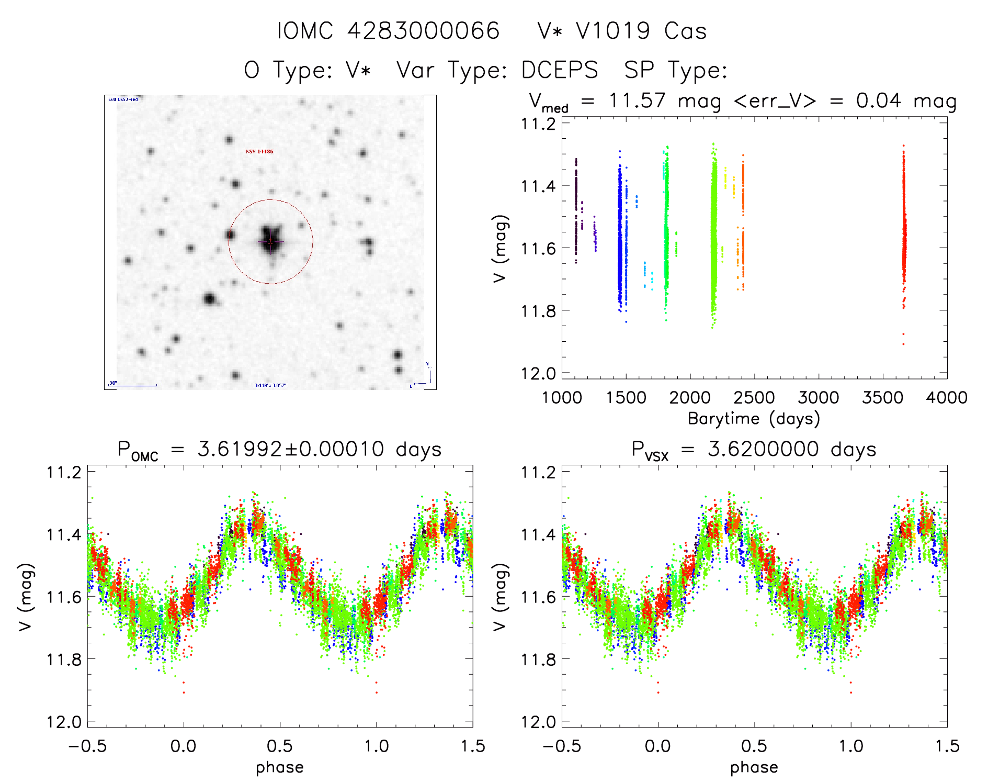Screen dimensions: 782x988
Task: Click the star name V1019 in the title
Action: [x=613, y=31]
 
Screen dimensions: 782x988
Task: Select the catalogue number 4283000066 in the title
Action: [x=424, y=31]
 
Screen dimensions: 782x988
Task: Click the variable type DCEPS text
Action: [x=560, y=70]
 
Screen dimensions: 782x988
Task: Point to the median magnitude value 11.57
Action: [x=637, y=100]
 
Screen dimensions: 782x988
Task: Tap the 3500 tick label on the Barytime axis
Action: [x=882, y=398]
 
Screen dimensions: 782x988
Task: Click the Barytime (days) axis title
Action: [x=754, y=419]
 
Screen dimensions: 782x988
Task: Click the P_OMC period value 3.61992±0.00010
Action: [x=290, y=450]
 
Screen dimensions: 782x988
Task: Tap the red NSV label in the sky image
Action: [x=259, y=152]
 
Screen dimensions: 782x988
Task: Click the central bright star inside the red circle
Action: [x=270, y=241]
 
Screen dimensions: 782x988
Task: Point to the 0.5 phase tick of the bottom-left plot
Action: [x=280, y=746]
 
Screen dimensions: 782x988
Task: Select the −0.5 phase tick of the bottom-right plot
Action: [x=562, y=746]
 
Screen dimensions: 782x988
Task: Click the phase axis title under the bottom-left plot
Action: [x=280, y=767]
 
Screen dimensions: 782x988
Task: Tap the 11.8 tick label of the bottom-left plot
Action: [x=64, y=660]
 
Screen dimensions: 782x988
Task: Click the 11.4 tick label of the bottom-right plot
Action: [x=538, y=534]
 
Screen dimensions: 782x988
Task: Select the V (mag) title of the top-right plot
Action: [x=500, y=248]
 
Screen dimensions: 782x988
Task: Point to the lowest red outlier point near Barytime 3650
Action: [x=903, y=344]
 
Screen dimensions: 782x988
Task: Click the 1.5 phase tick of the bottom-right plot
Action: [x=947, y=746]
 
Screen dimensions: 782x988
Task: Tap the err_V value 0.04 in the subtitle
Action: [x=878, y=100]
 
